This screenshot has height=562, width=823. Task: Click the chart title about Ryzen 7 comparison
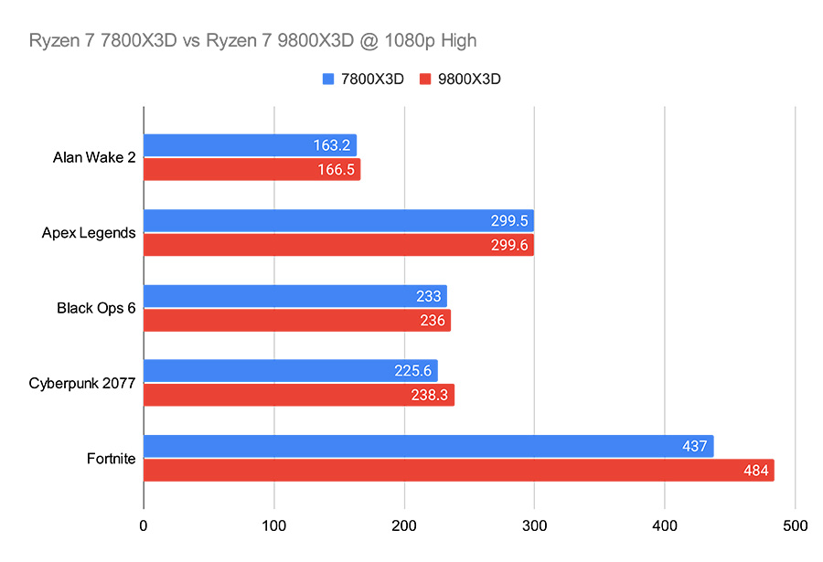click(252, 40)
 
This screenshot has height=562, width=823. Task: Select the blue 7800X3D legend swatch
click(328, 80)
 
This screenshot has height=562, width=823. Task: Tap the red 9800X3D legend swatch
click(425, 80)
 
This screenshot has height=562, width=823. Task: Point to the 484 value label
click(755, 470)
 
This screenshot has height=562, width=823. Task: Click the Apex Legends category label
click(89, 233)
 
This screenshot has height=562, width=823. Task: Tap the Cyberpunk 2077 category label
click(82, 383)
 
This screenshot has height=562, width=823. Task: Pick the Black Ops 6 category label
click(96, 308)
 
